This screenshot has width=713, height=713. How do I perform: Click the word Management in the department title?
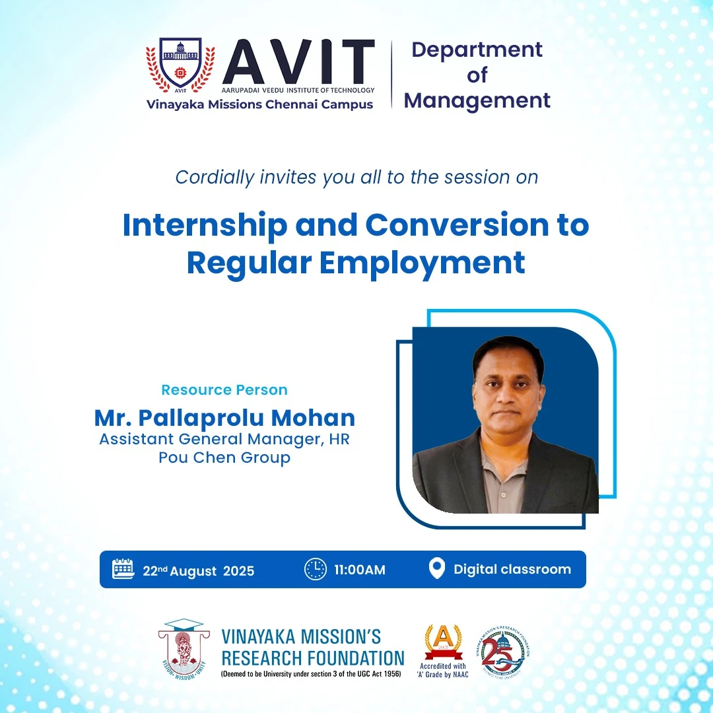click(x=477, y=100)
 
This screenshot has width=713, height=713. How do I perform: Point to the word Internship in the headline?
click(x=205, y=226)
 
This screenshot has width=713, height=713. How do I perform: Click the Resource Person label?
click(x=224, y=390)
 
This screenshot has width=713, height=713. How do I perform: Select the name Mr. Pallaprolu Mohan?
click(x=224, y=417)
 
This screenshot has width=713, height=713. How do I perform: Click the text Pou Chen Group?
click(x=224, y=457)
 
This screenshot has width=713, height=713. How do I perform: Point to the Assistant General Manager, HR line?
click(x=224, y=438)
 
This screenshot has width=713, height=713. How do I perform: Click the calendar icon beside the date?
click(x=123, y=569)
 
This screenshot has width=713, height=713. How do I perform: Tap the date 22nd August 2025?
click(x=198, y=570)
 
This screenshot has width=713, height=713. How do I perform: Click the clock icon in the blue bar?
click(x=315, y=569)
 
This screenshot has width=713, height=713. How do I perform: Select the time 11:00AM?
click(x=360, y=570)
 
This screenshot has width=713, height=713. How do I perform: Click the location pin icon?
click(x=436, y=569)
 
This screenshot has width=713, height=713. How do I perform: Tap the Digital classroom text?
click(x=512, y=569)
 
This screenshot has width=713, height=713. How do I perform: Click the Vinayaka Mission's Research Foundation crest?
click(x=184, y=650)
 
